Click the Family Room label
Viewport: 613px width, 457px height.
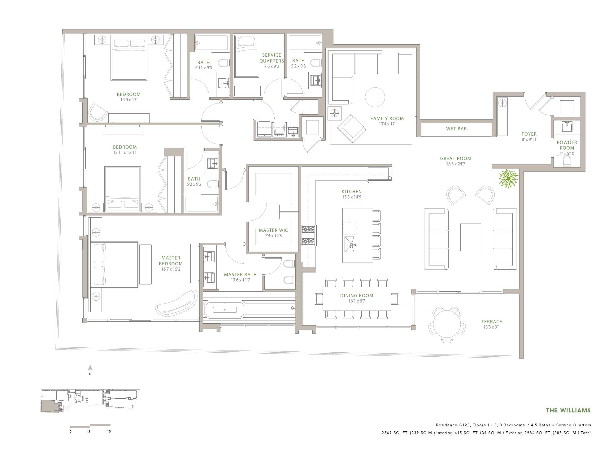[x=387, y=119]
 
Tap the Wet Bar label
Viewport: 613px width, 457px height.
[x=456, y=129]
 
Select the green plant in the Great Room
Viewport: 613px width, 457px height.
[x=508, y=179]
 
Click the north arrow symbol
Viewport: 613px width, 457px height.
[x=90, y=368]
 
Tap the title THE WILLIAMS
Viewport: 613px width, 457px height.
[x=568, y=411]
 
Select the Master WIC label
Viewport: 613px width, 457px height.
[x=273, y=230]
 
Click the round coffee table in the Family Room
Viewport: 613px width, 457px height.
[x=375, y=97]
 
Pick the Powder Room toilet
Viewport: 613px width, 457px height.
[x=567, y=161]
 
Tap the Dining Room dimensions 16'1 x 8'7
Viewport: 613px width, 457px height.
[x=357, y=301]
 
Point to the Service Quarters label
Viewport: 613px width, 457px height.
[x=272, y=58]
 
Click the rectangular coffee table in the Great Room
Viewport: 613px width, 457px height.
[x=471, y=237]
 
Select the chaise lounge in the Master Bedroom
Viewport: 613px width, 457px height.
[x=176, y=303]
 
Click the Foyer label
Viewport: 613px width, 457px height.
[x=529, y=134]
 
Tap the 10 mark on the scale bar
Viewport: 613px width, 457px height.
[x=109, y=432]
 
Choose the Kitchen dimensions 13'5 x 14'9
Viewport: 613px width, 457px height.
[x=352, y=197]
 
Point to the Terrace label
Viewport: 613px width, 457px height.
[x=492, y=322]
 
